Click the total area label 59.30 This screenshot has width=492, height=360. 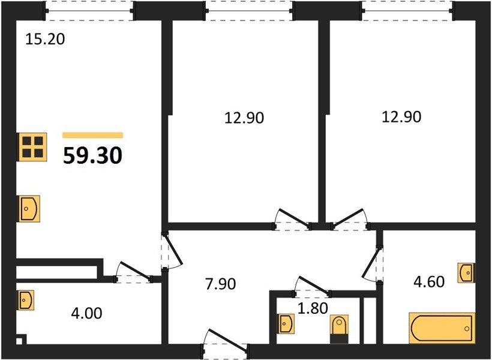point(93,155)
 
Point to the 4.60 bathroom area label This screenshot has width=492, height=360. point(428,281)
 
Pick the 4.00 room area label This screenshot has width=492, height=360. point(87,313)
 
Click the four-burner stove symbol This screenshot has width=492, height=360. point(31,146)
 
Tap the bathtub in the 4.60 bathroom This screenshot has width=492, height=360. point(442,328)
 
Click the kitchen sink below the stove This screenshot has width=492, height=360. point(28,209)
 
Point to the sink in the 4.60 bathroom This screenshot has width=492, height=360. point(466,272)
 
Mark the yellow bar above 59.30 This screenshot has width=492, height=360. point(93,136)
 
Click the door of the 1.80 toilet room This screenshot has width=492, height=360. point(312,287)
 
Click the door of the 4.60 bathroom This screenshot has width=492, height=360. point(374,264)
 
